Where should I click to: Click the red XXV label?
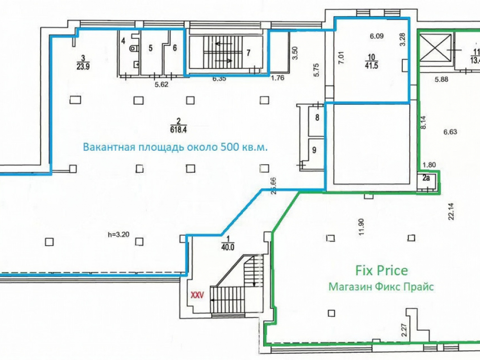pyautogui.click(x=197, y=296)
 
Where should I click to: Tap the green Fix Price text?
pyautogui.click(x=382, y=270)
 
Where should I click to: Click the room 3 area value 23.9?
pyautogui.click(x=83, y=66)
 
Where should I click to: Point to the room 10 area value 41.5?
pyautogui.click(x=371, y=65)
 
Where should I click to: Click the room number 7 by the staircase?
pyautogui.click(x=248, y=53)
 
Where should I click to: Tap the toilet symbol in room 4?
pyautogui.click(x=134, y=48)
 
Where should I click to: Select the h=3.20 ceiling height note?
pyautogui.click(x=119, y=235)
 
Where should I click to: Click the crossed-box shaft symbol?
pyautogui.click(x=435, y=48)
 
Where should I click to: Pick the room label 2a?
pyautogui.click(x=426, y=178)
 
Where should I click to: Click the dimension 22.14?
pyautogui.click(x=451, y=212)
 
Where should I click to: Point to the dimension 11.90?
pyautogui.click(x=361, y=227)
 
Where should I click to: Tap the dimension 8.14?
pyautogui.click(x=423, y=121)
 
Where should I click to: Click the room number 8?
pyautogui.click(x=317, y=117)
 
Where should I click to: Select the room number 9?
pyautogui.click(x=314, y=150)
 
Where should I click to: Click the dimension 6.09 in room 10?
pyautogui.click(x=376, y=36)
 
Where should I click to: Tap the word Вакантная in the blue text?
pyautogui.click(x=108, y=147)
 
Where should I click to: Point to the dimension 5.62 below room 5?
pyautogui.click(x=161, y=84)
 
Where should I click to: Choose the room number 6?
pyautogui.click(x=175, y=48)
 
